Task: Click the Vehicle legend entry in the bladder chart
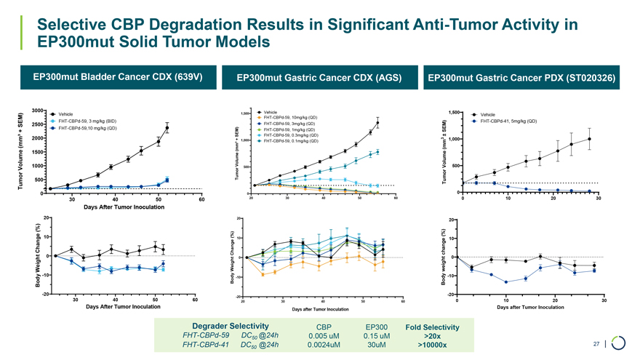click(x=68, y=114)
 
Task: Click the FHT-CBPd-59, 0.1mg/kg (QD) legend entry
click(x=290, y=141)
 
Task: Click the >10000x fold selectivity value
click(x=433, y=345)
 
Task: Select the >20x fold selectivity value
click(x=432, y=336)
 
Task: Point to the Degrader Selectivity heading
click(x=231, y=325)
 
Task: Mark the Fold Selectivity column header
click(x=433, y=327)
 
